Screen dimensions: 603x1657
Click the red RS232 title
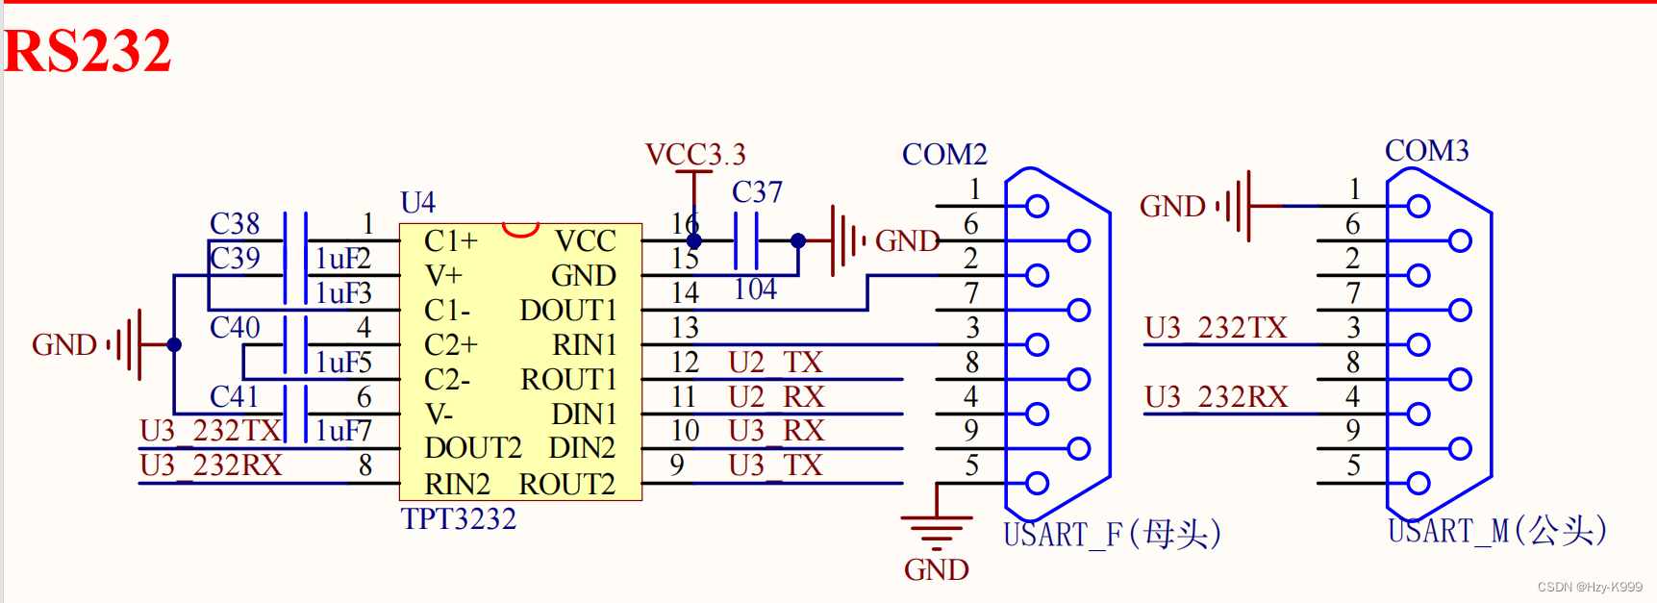(88, 51)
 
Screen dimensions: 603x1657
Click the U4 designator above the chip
(417, 203)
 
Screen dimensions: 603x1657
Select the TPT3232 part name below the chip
(459, 519)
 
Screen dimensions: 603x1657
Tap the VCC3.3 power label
(695, 155)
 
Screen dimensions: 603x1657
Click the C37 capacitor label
(757, 192)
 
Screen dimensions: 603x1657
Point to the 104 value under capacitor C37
(754, 289)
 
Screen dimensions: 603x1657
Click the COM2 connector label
(944, 155)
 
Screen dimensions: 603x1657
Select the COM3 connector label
(1426, 151)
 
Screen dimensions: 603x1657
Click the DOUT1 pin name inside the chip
(567, 311)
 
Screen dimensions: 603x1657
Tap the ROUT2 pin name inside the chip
(566, 484)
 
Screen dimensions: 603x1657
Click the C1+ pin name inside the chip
(451, 240)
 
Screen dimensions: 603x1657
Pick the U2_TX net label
(775, 363)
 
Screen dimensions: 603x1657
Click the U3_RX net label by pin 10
(775, 431)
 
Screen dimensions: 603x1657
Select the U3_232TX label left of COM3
(1216, 328)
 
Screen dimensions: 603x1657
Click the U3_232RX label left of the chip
(211, 465)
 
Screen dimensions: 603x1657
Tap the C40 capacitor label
(235, 328)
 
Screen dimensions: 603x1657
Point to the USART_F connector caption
(1112, 534)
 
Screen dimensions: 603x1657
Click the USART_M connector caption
(1496, 531)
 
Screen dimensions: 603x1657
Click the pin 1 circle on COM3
(1418, 206)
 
